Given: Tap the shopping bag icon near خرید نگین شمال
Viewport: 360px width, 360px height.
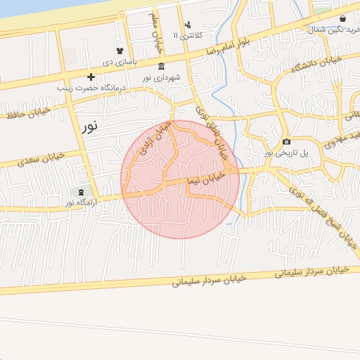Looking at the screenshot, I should (x=342, y=19).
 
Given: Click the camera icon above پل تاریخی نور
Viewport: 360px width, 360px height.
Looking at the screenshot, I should (x=286, y=141).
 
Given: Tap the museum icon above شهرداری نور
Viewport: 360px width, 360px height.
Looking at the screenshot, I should (x=162, y=66).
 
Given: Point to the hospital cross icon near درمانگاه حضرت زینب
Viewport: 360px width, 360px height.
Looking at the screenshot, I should (x=90, y=77).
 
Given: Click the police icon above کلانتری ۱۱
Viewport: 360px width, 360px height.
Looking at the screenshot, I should (x=188, y=25).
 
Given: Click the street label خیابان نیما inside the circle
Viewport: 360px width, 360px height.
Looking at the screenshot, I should (x=205, y=178).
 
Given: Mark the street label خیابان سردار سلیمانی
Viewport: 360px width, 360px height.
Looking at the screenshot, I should (x=209, y=279).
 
